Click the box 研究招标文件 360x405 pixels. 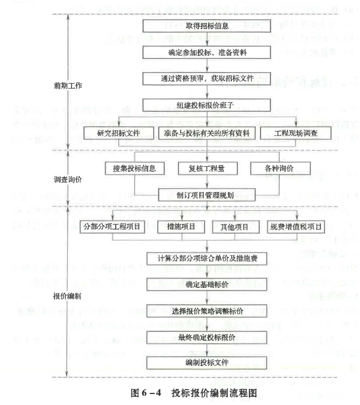(118, 133)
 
